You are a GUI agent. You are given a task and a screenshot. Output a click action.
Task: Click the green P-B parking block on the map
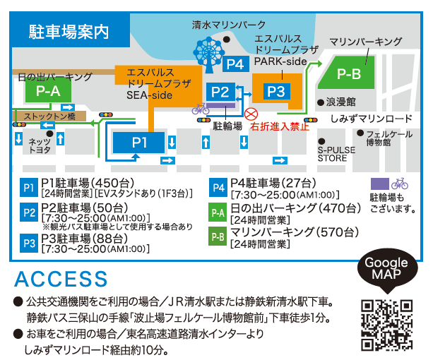348,73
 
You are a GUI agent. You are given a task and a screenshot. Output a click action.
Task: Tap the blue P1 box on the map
139,143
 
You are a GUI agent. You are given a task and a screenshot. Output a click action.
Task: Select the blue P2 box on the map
220,91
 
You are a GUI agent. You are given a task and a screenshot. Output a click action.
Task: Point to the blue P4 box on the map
236,65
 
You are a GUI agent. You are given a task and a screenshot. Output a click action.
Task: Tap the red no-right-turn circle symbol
250,114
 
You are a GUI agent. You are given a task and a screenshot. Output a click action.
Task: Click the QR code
386,325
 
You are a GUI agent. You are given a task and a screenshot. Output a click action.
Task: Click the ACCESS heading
61,279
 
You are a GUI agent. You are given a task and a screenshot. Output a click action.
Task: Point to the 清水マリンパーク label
229,25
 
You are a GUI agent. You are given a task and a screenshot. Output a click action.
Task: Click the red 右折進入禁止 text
284,126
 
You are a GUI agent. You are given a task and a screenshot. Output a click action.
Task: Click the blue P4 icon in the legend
217,187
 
